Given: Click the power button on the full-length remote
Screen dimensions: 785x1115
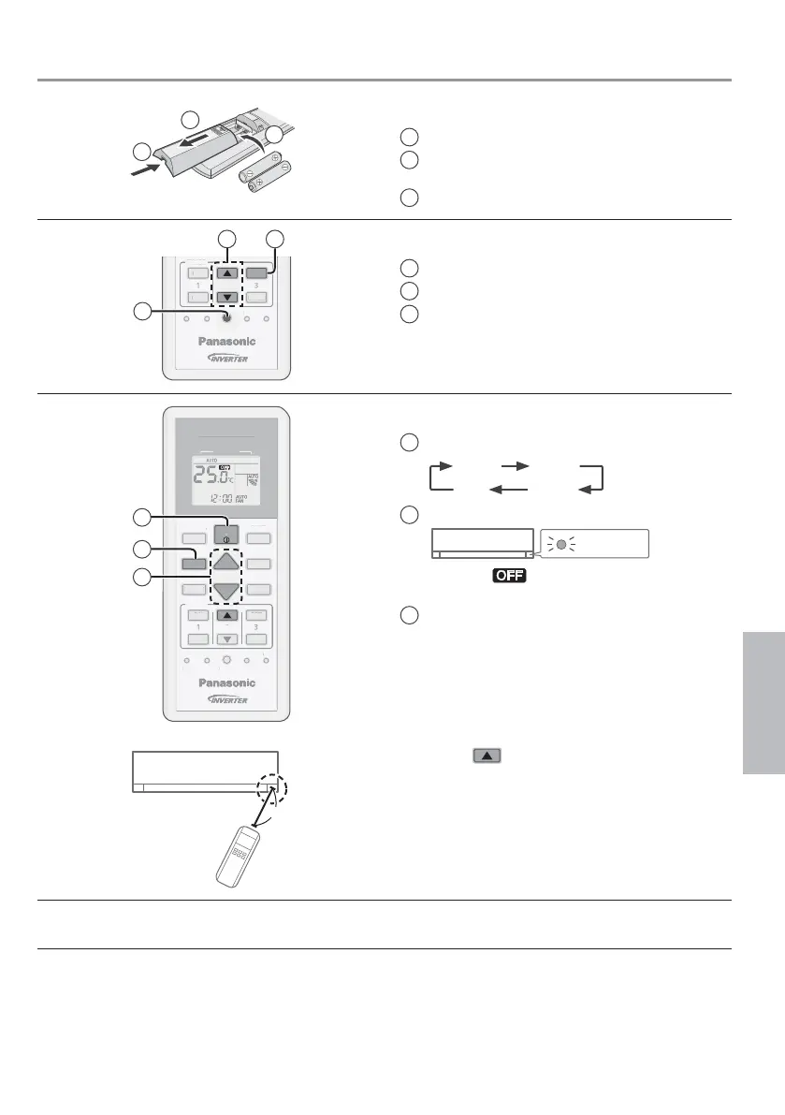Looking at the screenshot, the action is [225, 535].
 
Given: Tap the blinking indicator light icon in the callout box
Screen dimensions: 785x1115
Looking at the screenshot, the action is [560, 543].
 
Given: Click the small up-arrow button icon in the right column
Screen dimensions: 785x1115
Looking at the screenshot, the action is [487, 754].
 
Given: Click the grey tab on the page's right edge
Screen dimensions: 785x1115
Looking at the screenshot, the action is [764, 701].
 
